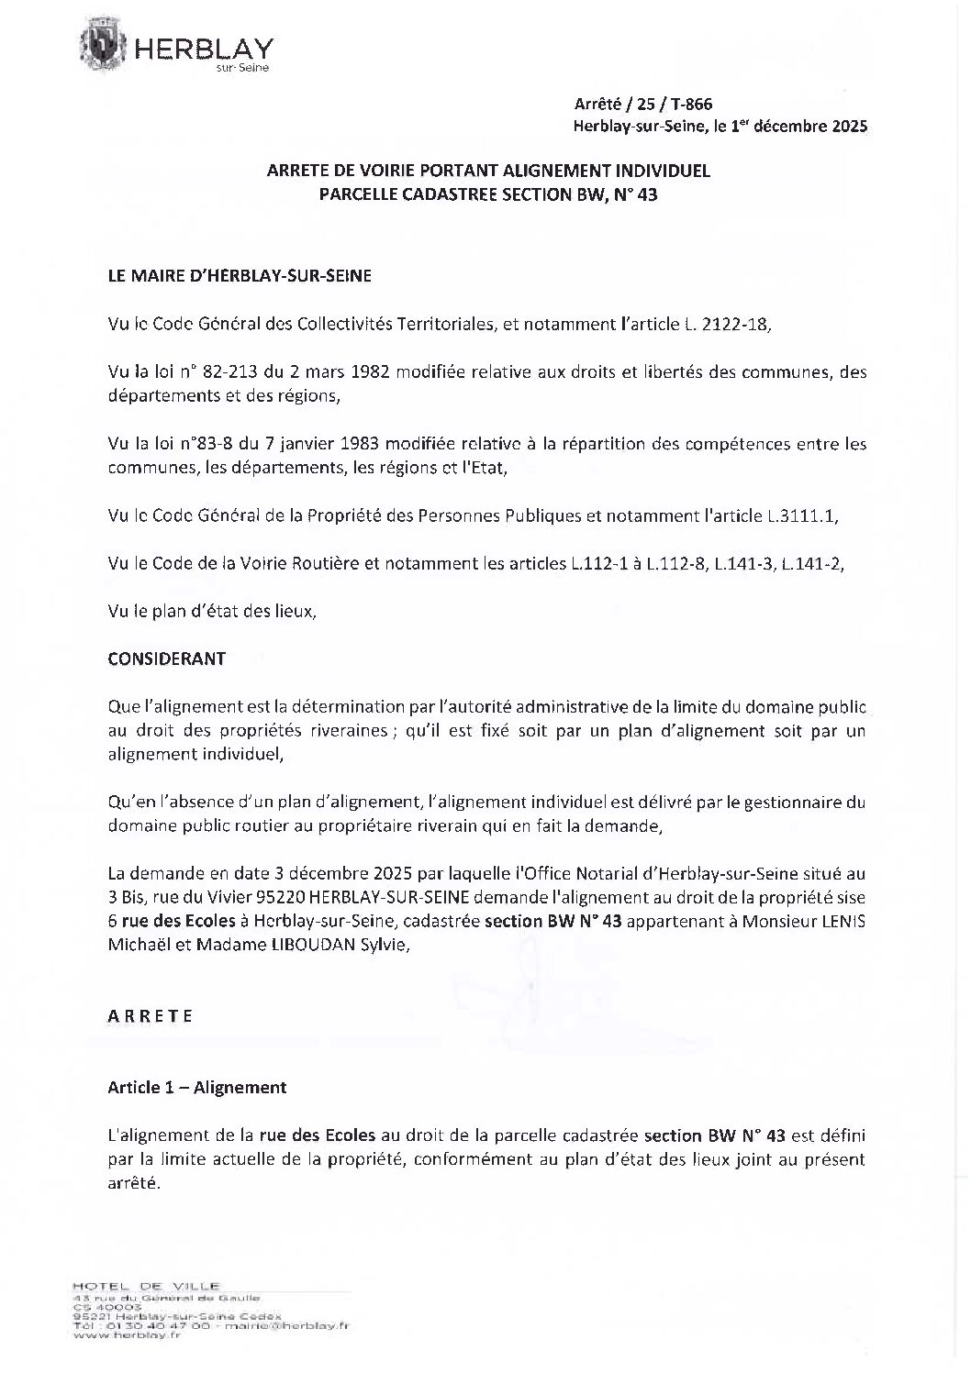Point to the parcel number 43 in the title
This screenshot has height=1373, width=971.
[x=647, y=194]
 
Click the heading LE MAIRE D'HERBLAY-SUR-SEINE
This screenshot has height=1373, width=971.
[x=240, y=276]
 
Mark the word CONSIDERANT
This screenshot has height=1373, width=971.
[x=166, y=659]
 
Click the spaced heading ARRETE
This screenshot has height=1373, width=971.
[x=150, y=1016]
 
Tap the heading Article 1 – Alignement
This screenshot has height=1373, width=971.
[x=196, y=1087]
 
